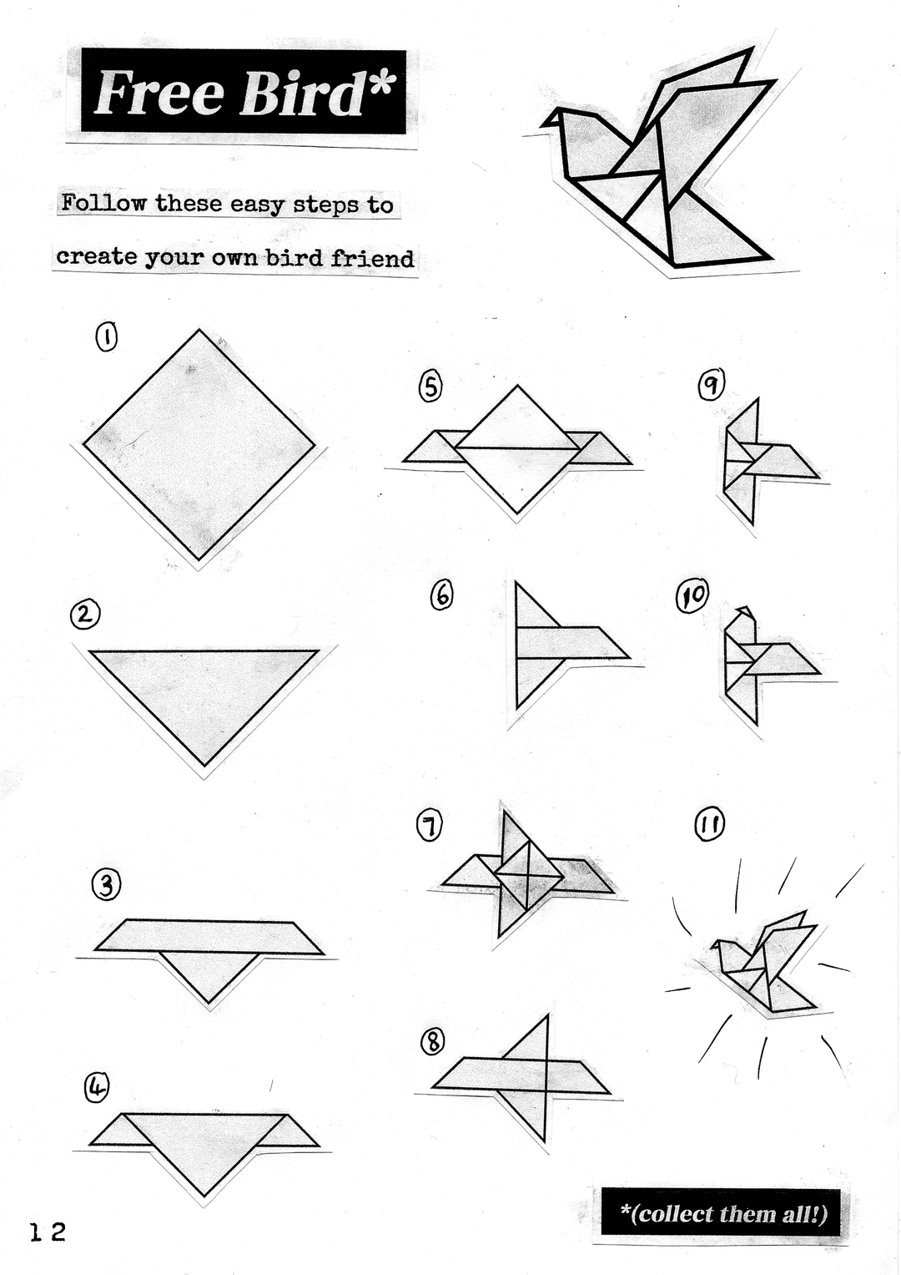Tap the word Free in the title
[x=159, y=93]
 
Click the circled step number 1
[x=107, y=337]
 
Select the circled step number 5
[x=430, y=387]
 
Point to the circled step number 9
[x=711, y=384]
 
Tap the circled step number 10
[x=692, y=595]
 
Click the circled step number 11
[x=709, y=826]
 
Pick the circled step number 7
[x=430, y=827]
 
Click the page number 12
[x=48, y=1232]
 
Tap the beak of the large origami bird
[x=550, y=119]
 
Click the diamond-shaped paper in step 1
[x=199, y=444]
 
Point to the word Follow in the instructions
[x=103, y=203]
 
